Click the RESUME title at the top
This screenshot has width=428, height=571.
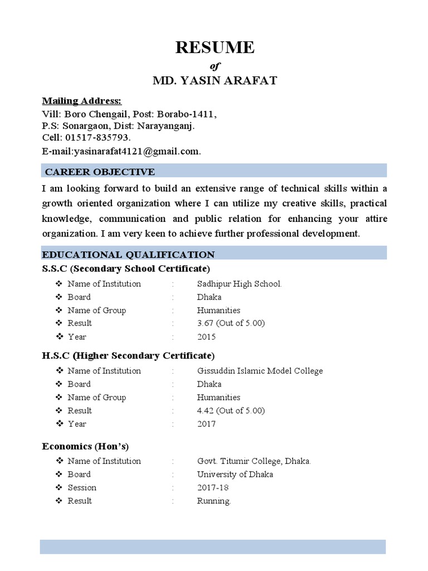215,48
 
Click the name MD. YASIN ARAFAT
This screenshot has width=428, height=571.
215,81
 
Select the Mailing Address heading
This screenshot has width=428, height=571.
82,101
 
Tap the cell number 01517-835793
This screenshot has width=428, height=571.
98,138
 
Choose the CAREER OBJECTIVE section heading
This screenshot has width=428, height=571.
100,171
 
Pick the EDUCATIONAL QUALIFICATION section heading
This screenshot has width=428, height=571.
129,255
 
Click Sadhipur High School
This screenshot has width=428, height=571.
239,284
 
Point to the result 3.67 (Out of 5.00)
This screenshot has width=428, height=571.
231,323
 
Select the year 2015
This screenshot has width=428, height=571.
206,337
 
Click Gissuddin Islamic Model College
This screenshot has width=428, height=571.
260,371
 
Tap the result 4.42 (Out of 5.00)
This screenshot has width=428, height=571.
231,411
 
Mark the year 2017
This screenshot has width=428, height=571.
206,424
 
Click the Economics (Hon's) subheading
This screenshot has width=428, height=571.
86,447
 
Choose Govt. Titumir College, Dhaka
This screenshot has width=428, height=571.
254,461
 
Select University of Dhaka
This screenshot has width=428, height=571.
235,475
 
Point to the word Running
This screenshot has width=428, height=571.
213,501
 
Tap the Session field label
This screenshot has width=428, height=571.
82,488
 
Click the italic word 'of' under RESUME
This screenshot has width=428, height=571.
215,66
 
